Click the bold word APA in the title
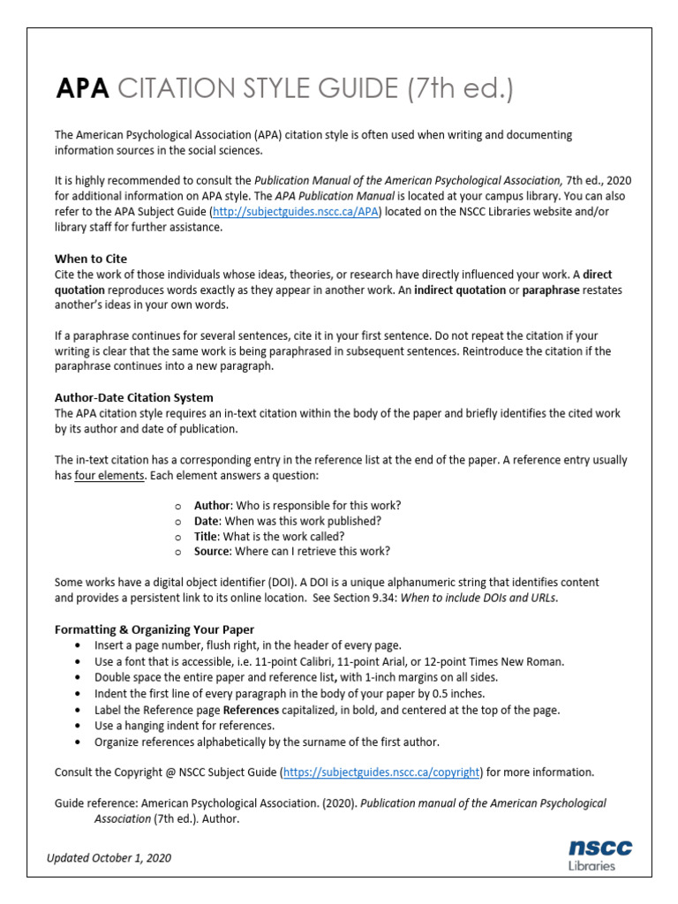(83, 88)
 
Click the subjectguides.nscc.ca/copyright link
(381, 772)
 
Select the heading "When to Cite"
(91, 259)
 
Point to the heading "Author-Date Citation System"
(133, 397)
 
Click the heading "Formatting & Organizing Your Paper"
(154, 629)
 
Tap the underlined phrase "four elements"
(109, 476)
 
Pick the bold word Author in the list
(212, 505)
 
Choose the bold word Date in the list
(207, 521)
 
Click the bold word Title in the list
(207, 536)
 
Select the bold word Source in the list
(212, 551)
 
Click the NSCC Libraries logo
(599, 854)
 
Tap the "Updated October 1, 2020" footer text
(109, 857)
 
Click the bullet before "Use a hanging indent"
(80, 726)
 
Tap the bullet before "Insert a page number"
(80, 645)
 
